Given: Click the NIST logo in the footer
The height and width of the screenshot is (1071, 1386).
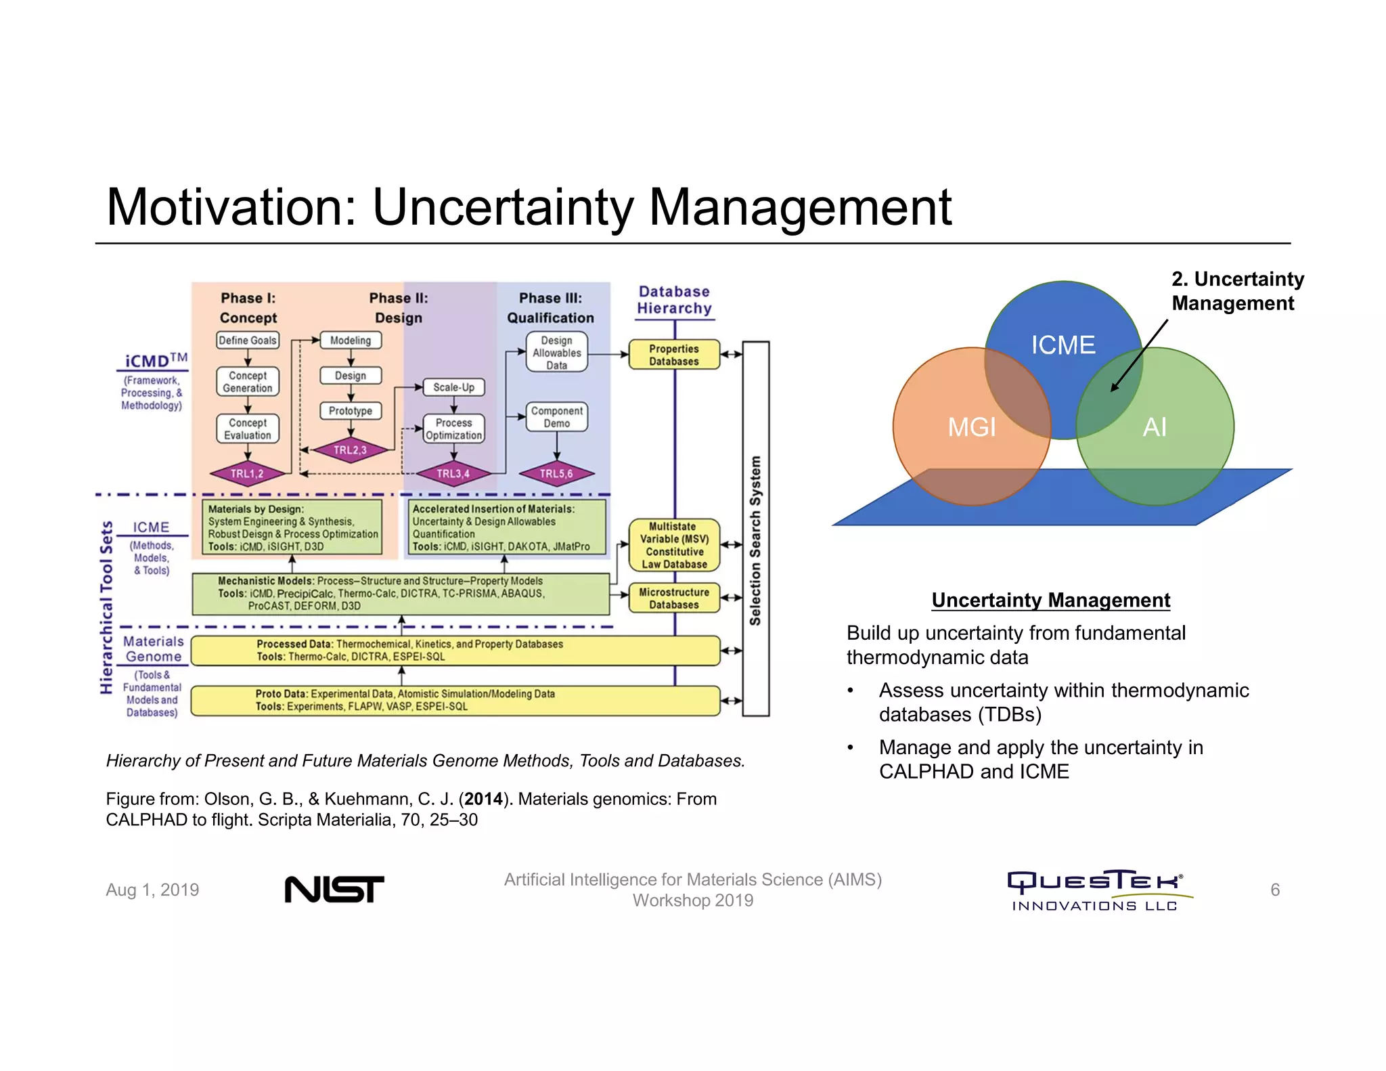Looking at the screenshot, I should pyautogui.click(x=334, y=889).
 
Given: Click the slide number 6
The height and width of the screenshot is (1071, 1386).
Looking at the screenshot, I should pyautogui.click(x=1274, y=890).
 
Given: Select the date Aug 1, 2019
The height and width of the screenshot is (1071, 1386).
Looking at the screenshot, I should pyautogui.click(x=152, y=890).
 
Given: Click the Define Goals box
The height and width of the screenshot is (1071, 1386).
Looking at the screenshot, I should pyautogui.click(x=248, y=341).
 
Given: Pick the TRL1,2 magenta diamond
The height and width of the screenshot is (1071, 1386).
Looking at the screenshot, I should pyautogui.click(x=247, y=474).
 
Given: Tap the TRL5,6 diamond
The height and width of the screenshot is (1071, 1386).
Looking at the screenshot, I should pyautogui.click(x=556, y=474).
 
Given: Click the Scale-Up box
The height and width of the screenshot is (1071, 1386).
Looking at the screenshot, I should pyautogui.click(x=453, y=387).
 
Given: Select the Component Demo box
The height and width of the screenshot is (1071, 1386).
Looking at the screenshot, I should pyautogui.click(x=556, y=417).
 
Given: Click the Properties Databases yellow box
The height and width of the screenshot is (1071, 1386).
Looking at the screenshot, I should pyautogui.click(x=674, y=355).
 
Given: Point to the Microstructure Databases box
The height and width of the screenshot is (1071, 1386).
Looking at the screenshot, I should pyautogui.click(x=674, y=598).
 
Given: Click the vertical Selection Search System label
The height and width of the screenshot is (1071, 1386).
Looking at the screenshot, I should pyautogui.click(x=755, y=540).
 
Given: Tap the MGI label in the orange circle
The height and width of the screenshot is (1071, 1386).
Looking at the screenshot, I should pyautogui.click(x=972, y=427).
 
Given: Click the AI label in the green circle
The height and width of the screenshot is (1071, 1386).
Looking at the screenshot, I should pyautogui.click(x=1155, y=427).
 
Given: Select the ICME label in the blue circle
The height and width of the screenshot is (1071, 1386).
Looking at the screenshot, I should pyautogui.click(x=1063, y=345).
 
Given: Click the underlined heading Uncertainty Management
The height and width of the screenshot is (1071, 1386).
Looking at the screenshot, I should pyautogui.click(x=1050, y=600).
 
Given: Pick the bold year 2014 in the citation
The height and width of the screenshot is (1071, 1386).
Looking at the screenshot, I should pyautogui.click(x=483, y=799).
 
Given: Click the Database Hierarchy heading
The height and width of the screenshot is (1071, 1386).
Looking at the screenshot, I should pyautogui.click(x=674, y=300).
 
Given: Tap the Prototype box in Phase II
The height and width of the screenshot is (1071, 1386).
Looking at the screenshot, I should pyautogui.click(x=351, y=411).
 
